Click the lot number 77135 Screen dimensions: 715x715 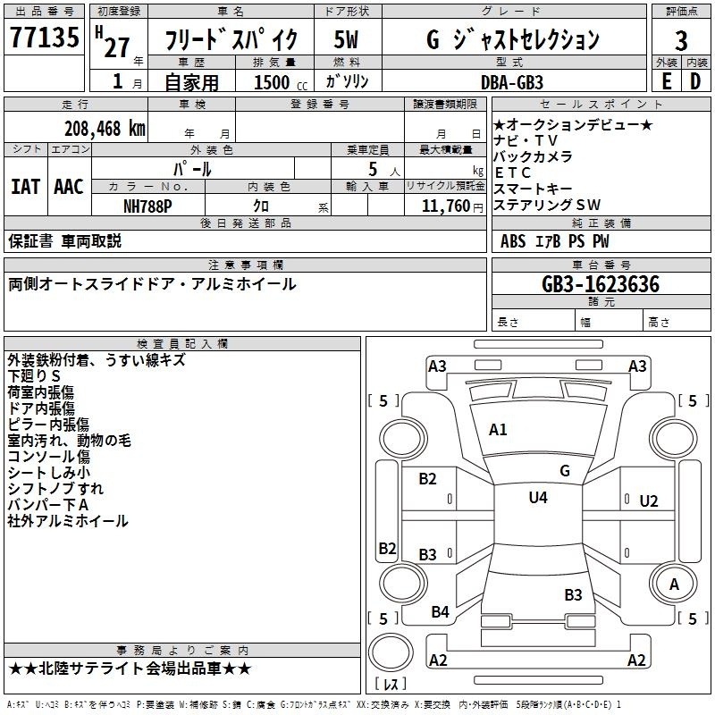click(44, 37)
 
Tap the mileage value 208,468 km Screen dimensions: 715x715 click(105, 129)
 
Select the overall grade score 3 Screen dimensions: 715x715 click(681, 40)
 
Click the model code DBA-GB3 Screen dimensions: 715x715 click(512, 82)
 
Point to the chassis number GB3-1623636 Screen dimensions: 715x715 click(601, 284)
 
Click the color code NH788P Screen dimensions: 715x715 click(147, 206)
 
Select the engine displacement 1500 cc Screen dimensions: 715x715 click(281, 82)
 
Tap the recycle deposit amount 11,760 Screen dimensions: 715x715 click(446, 206)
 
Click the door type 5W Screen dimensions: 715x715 click(346, 39)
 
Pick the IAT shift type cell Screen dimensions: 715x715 click(26, 187)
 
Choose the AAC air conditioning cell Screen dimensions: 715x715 click(69, 187)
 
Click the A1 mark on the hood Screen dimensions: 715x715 click(498, 430)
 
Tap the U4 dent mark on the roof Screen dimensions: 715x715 click(538, 498)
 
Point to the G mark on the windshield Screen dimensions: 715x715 click(565, 471)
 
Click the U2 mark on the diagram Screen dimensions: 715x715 click(649, 501)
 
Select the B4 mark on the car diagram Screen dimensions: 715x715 click(440, 612)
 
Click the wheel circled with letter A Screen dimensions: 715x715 click(673, 585)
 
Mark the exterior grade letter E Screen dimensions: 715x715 click(667, 81)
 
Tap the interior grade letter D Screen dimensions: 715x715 click(695, 81)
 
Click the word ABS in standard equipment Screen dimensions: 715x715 click(513, 241)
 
